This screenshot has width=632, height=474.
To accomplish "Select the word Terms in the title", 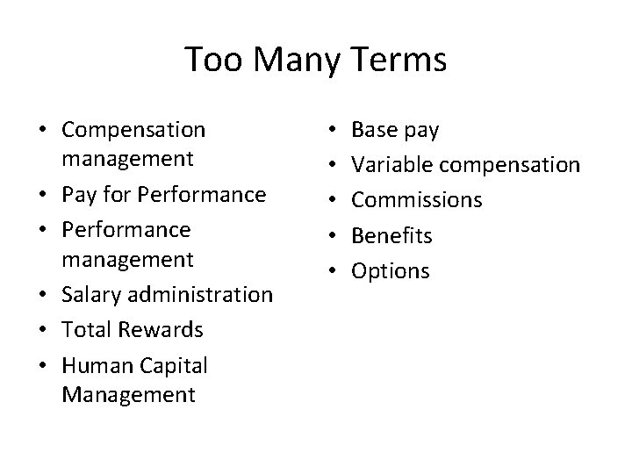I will click(401, 61).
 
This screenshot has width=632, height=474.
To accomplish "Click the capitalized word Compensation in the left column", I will click(133, 130).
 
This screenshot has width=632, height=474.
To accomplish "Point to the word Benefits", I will click(391, 235).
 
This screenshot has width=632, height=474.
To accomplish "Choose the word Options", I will click(391, 270).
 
